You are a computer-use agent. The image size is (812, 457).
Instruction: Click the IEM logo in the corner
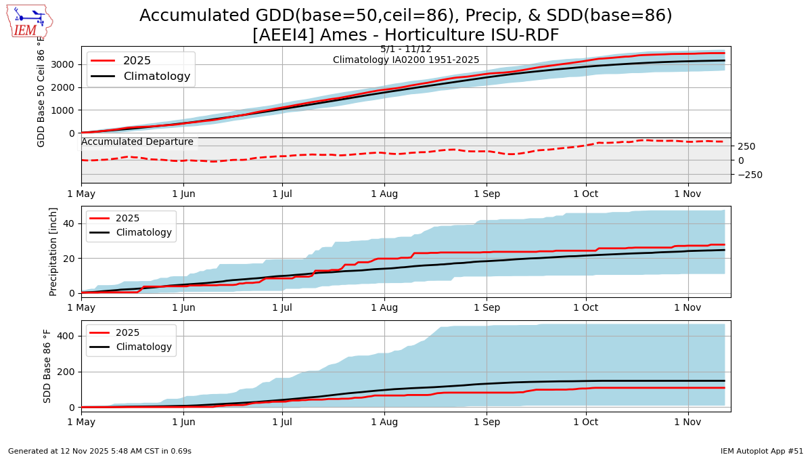pyautogui.click(x=29, y=21)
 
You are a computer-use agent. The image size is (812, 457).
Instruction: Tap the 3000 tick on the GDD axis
pyautogui.click(x=66, y=64)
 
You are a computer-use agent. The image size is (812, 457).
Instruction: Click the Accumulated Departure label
pyautogui.click(x=137, y=142)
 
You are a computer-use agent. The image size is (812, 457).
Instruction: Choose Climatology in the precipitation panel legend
pyautogui.click(x=143, y=233)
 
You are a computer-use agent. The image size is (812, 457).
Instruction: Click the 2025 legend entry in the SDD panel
pyautogui.click(x=127, y=332)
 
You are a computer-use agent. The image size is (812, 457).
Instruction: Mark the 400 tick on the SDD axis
pyautogui.click(x=66, y=336)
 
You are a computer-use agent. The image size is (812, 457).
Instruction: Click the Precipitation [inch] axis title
pyautogui.click(x=53, y=252)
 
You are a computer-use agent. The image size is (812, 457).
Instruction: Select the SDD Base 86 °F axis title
pyautogui.click(x=47, y=366)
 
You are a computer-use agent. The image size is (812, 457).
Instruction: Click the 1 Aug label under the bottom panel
pyautogui.click(x=384, y=422)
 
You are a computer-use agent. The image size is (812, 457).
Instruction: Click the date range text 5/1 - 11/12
pyautogui.click(x=406, y=49)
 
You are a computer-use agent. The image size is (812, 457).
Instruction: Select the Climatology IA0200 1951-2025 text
pyautogui.click(x=406, y=60)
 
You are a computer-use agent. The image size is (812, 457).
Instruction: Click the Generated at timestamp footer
pyautogui.click(x=99, y=451)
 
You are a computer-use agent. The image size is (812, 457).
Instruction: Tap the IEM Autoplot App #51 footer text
pyautogui.click(x=761, y=451)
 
